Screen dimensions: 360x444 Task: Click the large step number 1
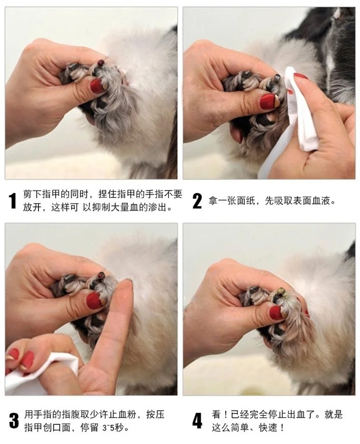pos(13,201)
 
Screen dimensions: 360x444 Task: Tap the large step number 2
pos(197,201)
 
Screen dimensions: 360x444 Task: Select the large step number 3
pos(13,420)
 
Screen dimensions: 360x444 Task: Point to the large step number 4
pos(197,420)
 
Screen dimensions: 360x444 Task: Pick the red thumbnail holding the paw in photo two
pos(268,101)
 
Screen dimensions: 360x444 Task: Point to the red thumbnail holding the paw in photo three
pos(95,300)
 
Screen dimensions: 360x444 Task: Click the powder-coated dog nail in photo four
pos(281,291)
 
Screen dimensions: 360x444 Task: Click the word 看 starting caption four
pos(216,415)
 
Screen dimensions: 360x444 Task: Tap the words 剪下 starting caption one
pos(32,194)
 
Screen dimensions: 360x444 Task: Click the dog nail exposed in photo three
pos(101,275)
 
